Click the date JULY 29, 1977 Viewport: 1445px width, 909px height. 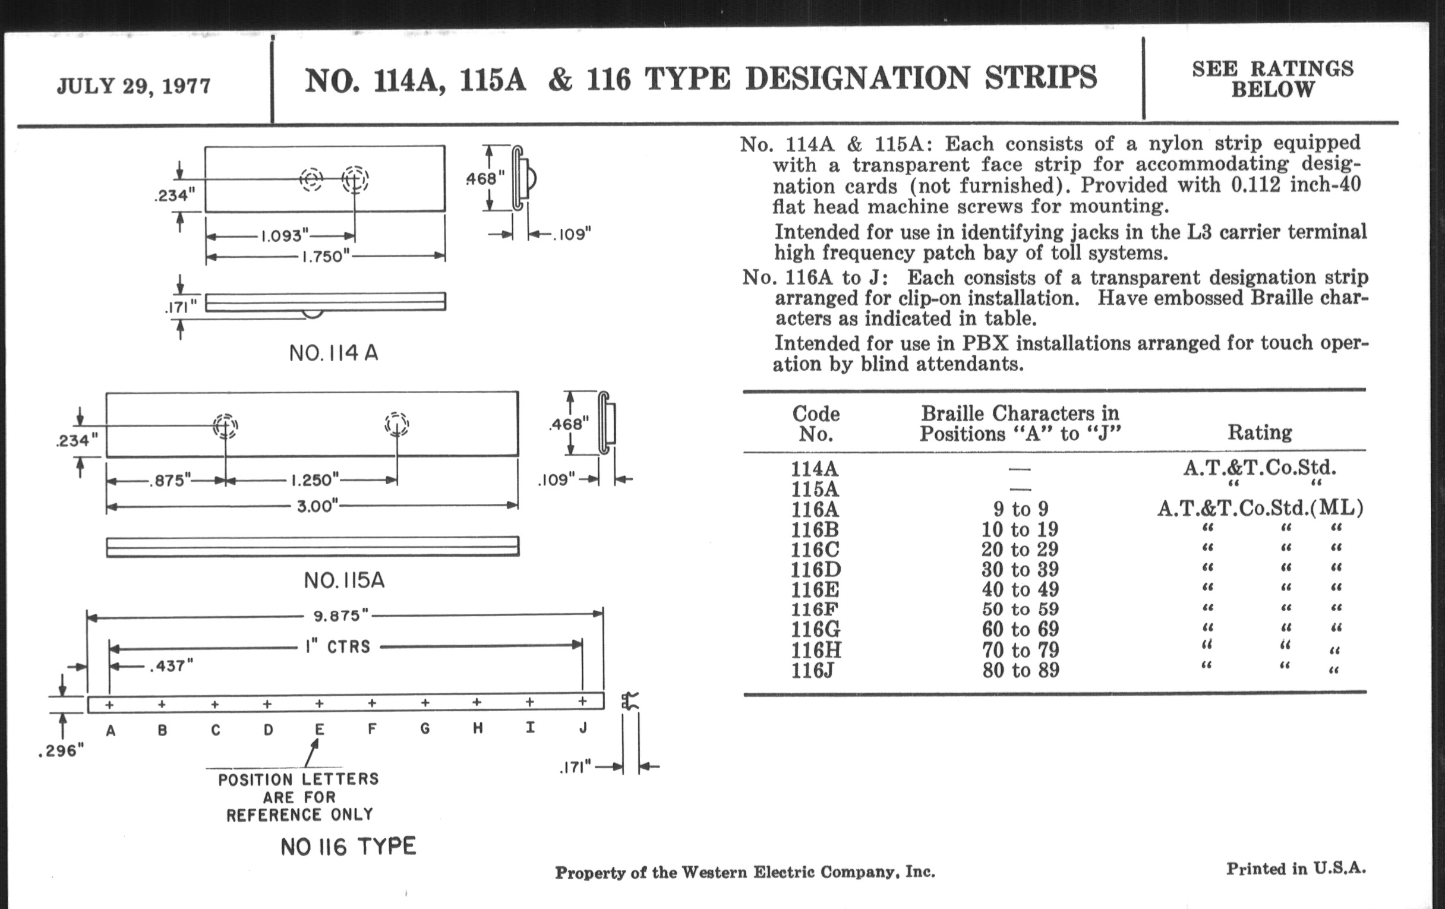pyautogui.click(x=134, y=86)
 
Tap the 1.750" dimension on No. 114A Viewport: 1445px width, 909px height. pyautogui.click(x=324, y=257)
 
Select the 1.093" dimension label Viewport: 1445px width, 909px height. pyautogui.click(x=284, y=235)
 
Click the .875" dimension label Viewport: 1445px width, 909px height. pyautogui.click(x=170, y=480)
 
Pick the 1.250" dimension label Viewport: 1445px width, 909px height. pyautogui.click(x=315, y=480)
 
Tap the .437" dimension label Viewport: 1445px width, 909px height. pyautogui.click(x=171, y=665)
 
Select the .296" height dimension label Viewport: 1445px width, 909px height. pyautogui.click(x=61, y=751)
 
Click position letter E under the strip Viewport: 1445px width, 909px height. pyautogui.click(x=320, y=730)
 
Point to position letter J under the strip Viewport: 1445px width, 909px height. pyautogui.click(x=583, y=728)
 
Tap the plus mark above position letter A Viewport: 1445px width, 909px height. pyautogui.click(x=109, y=705)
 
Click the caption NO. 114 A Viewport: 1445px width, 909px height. pyautogui.click(x=334, y=353)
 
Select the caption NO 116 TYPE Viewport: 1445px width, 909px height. pyautogui.click(x=348, y=847)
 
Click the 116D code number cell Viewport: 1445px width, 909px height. pyautogui.click(x=816, y=569)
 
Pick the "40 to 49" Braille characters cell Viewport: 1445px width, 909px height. pyautogui.click(x=1020, y=589)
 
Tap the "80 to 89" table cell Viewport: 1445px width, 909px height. pyautogui.click(x=1021, y=670)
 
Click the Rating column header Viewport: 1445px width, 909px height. pyautogui.click(x=1260, y=432)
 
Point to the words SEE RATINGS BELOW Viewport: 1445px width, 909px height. pyautogui.click(x=1273, y=79)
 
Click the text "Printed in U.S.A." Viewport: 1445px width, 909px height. pyautogui.click(x=1296, y=869)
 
